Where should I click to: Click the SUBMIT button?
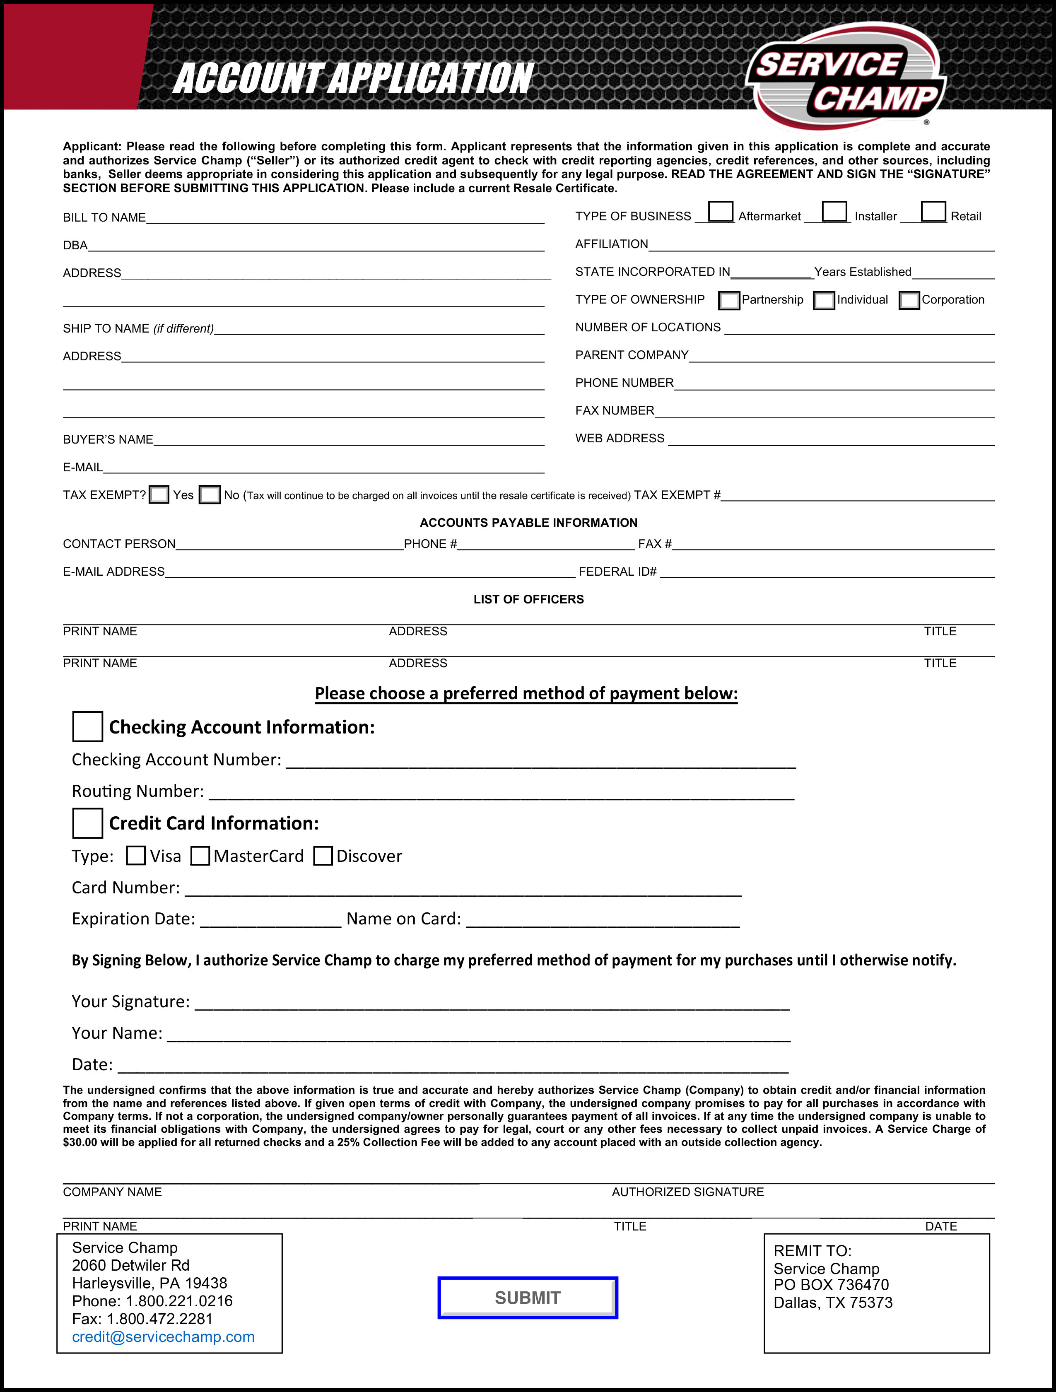tap(527, 1298)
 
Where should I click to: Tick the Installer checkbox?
tap(834, 212)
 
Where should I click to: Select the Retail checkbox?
tap(933, 212)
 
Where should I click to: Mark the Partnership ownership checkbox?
tap(729, 301)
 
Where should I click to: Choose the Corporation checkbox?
tap(909, 301)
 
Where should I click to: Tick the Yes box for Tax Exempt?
tap(159, 495)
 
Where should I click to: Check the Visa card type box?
tap(136, 856)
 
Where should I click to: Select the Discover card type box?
tap(323, 856)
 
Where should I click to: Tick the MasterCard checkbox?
tap(200, 856)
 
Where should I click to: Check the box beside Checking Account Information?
tap(87, 727)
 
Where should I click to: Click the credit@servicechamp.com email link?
tap(163, 1337)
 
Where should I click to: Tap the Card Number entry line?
tap(463, 889)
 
